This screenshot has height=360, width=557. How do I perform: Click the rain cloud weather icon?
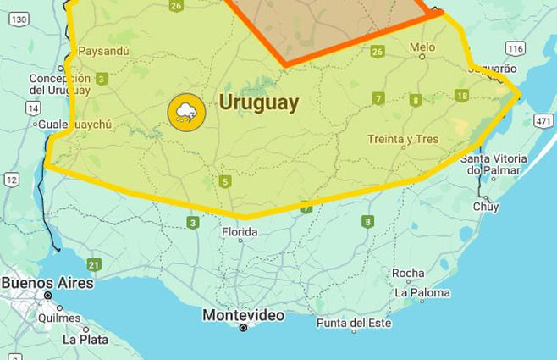point(186,111)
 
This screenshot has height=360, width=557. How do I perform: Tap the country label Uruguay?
point(259,102)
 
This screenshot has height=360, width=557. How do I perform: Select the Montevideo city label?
point(243,315)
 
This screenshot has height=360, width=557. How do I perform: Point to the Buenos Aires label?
point(47,283)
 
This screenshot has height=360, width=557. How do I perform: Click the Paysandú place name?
point(103,51)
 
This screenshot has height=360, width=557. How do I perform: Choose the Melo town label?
point(422,47)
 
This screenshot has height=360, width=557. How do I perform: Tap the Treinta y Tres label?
point(403,139)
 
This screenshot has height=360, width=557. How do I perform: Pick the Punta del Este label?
point(354,323)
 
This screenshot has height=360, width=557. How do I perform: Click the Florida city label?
point(239,231)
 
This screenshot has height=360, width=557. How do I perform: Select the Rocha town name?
point(408,273)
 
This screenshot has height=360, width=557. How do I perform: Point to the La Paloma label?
point(423,293)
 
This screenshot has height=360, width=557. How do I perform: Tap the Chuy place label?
point(486,206)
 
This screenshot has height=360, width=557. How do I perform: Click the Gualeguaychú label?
point(75,125)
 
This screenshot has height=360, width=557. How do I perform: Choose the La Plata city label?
point(85,339)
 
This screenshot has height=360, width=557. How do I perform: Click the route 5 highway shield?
point(224,181)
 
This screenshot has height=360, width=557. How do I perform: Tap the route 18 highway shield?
point(461,96)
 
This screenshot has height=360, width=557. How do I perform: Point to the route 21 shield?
point(93,265)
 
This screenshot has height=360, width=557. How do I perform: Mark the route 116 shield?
point(515,49)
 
